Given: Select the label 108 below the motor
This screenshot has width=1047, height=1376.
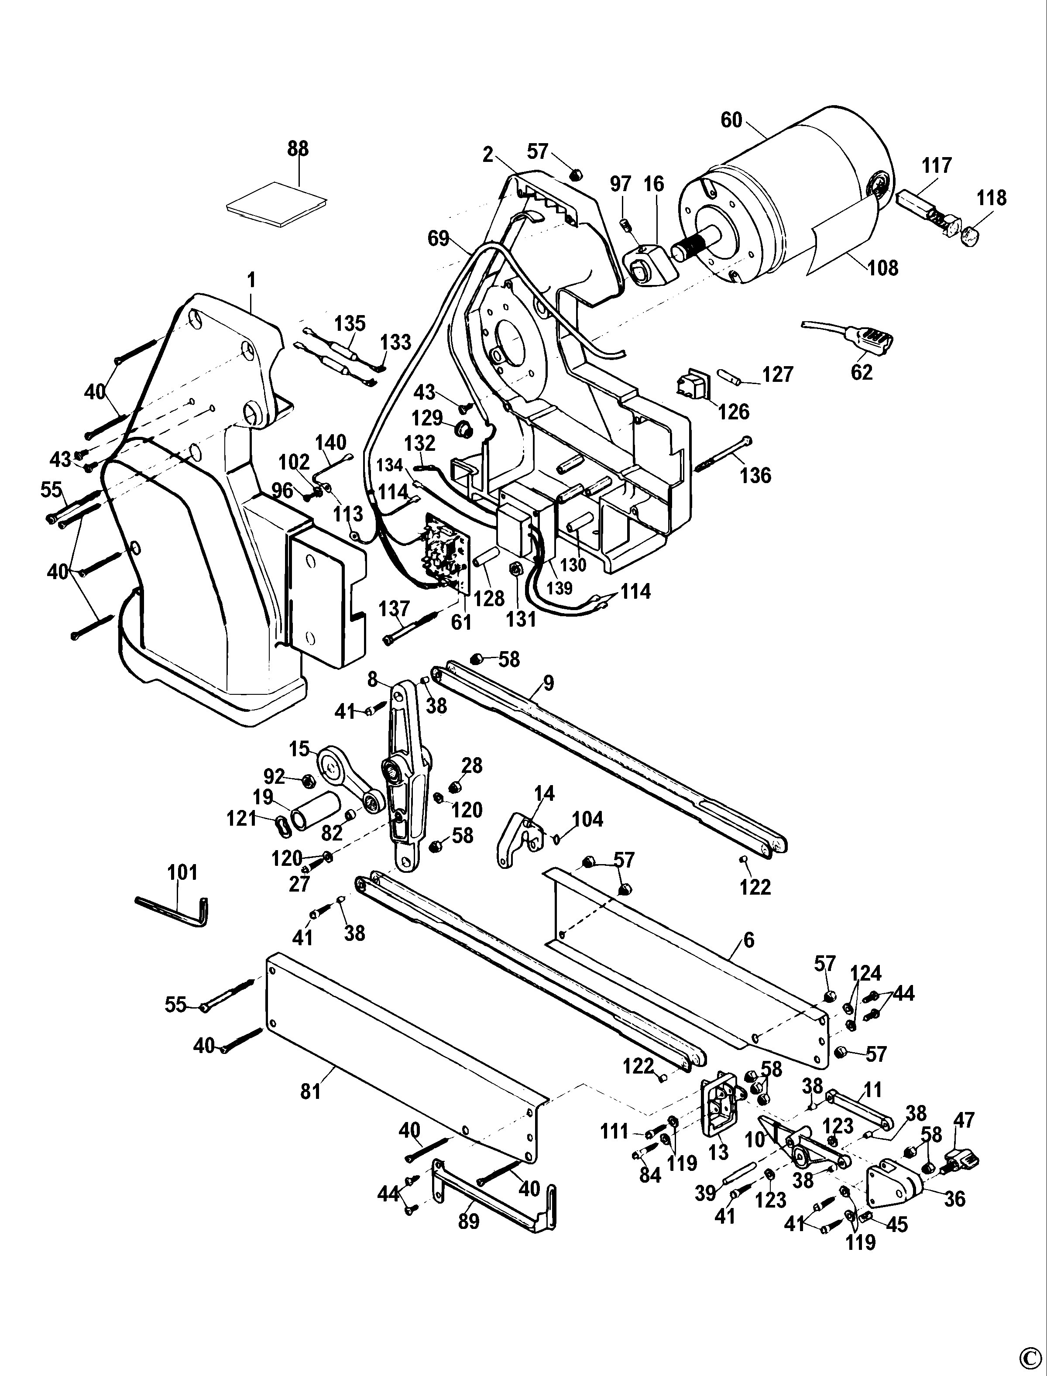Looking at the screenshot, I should pos(883,268).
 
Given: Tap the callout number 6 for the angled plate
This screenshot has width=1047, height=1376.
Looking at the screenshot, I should pos(749,939).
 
